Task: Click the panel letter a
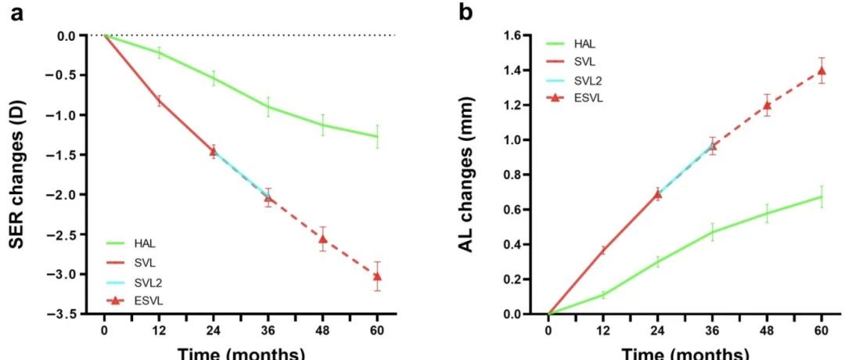16,13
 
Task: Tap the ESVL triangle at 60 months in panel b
822,70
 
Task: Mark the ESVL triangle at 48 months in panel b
767,105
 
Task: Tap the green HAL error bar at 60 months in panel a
377,136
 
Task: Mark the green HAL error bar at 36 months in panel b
713,232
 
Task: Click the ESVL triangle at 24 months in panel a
213,152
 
